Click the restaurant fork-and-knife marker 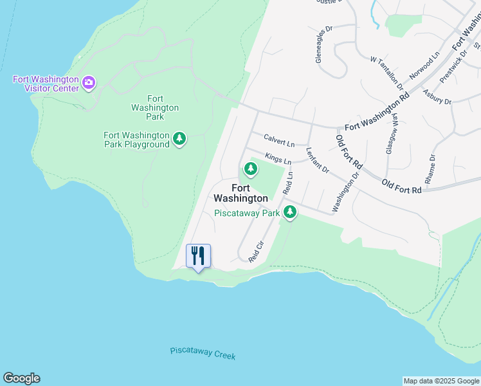tap(198, 256)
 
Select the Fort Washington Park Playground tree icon tap(179, 138)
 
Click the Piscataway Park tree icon tap(291, 211)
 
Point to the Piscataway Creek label tap(203, 353)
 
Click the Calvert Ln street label tap(278, 140)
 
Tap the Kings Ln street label tap(278, 158)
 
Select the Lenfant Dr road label tap(318, 161)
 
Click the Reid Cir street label tap(256, 252)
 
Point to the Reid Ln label tap(288, 183)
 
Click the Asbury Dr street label tap(437, 97)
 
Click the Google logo tap(21, 378)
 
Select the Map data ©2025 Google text tap(441, 381)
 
